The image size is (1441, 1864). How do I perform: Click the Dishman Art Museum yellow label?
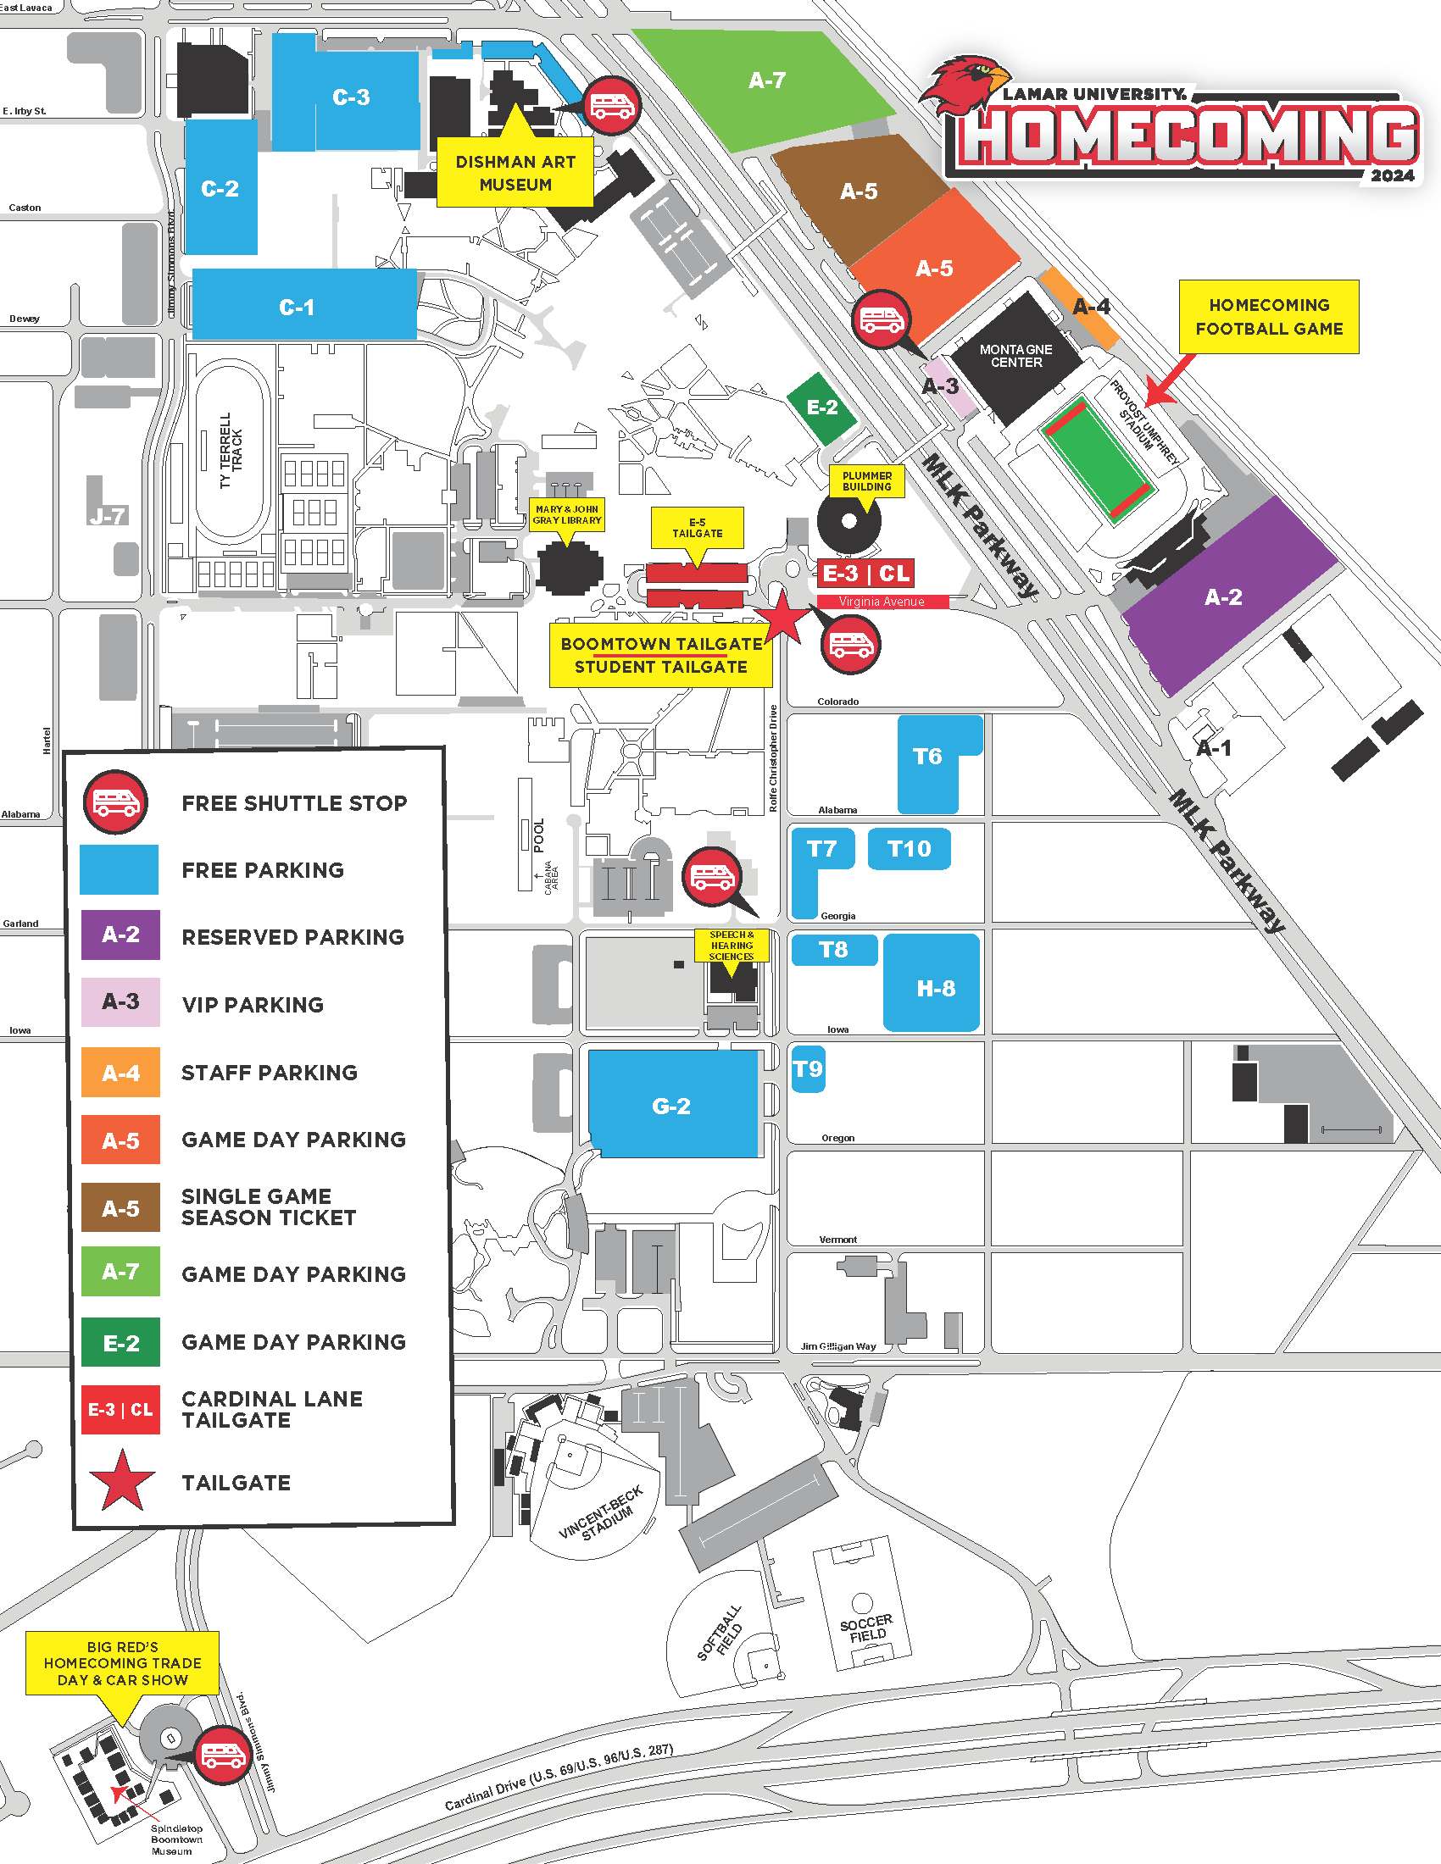point(515,173)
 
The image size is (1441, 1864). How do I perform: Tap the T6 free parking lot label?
point(927,756)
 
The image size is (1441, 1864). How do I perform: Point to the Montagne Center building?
point(1015,356)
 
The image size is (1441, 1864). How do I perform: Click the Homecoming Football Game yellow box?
point(1269,317)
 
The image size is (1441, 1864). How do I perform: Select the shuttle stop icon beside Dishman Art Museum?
point(611,106)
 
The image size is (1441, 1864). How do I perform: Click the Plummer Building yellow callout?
point(866,481)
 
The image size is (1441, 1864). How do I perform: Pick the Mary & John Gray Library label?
point(567,514)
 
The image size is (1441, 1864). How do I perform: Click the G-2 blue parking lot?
point(672,1105)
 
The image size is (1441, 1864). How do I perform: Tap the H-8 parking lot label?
point(936,988)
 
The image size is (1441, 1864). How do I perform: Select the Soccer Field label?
point(866,1628)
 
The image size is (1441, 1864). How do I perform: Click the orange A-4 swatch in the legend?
point(120,1072)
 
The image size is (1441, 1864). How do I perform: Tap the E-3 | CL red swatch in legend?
point(120,1409)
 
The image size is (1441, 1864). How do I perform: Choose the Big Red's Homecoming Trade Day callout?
point(122,1662)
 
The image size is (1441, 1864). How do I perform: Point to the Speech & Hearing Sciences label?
point(732,946)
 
